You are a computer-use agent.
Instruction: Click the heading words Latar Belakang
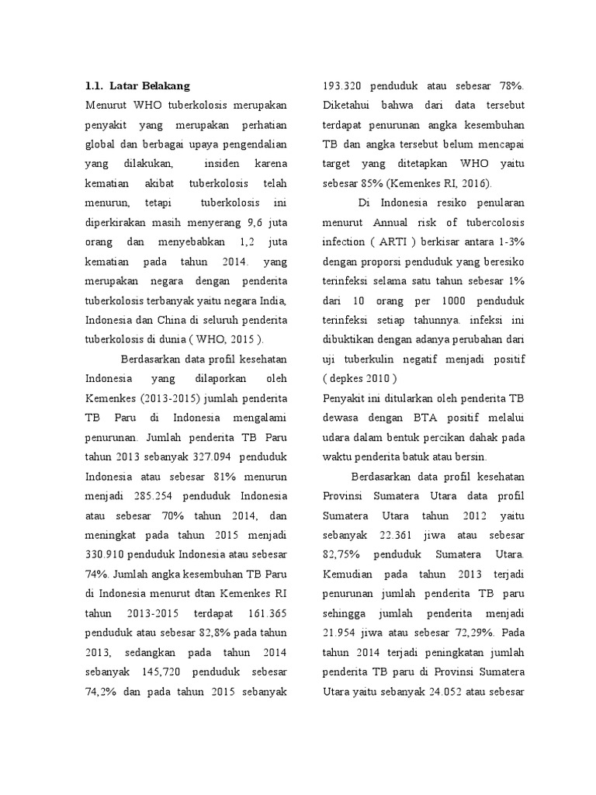[x=150, y=85]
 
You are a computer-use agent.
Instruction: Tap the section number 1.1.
[x=95, y=85]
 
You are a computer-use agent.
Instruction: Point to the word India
[x=274, y=300]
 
